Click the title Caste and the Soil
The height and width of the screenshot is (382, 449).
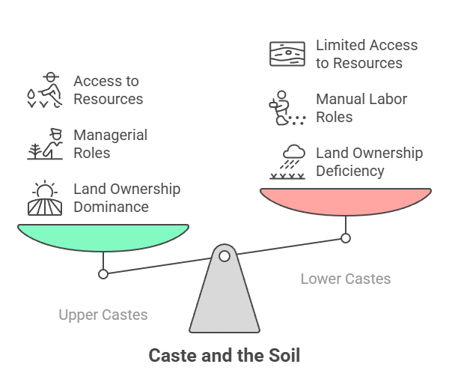pyautogui.click(x=224, y=355)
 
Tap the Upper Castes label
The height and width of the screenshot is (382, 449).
pyautogui.click(x=103, y=315)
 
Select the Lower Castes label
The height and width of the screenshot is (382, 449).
pyautogui.click(x=345, y=279)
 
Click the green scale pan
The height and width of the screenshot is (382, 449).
pyautogui.click(x=103, y=237)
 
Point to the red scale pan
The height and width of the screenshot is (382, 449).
pyautogui.click(x=345, y=201)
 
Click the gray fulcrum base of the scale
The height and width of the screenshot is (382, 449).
pyautogui.click(x=224, y=300)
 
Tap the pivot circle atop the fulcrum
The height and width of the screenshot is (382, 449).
pyautogui.click(x=224, y=256)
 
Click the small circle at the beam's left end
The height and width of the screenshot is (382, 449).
pyautogui.click(x=103, y=273)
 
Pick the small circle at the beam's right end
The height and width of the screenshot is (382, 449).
pyautogui.click(x=346, y=238)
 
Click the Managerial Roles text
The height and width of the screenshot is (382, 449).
pyautogui.click(x=110, y=144)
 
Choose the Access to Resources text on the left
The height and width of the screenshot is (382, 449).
pyautogui.click(x=108, y=90)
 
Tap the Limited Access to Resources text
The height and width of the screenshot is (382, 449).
pyautogui.click(x=366, y=54)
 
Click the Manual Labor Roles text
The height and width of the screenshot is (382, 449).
pyautogui.click(x=361, y=108)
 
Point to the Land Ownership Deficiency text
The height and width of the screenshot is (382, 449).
pyautogui.click(x=369, y=162)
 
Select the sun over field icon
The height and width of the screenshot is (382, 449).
pyautogui.click(x=46, y=198)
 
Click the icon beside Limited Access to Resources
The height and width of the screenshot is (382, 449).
pyautogui.click(x=287, y=54)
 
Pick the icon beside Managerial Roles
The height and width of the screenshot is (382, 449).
pyautogui.click(x=46, y=144)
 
